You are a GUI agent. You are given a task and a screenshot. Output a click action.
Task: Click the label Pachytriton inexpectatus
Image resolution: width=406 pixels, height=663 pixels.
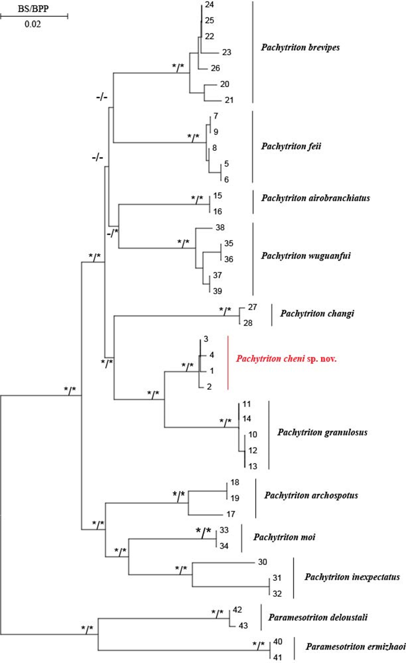tap(352, 577)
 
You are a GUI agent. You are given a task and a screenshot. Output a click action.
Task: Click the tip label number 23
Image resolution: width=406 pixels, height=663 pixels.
tap(227, 52)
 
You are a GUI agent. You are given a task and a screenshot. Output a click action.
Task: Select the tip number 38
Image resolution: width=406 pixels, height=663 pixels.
tap(221, 228)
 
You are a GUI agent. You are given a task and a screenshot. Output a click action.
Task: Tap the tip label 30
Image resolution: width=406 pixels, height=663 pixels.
tap(263, 562)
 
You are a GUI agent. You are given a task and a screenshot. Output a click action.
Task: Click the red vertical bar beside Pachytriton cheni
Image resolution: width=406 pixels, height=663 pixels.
tap(227, 363)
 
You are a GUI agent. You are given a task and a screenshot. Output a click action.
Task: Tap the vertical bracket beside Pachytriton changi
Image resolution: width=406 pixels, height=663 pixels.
tap(271, 315)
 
